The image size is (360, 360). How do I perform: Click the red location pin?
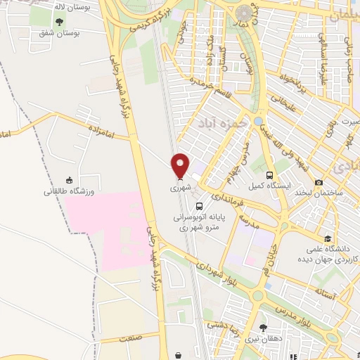181,165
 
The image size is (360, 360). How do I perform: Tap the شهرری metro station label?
181,188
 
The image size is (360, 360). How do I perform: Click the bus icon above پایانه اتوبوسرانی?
200,207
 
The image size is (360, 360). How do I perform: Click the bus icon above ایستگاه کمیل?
269,176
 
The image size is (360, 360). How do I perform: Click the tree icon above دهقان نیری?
264,327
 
